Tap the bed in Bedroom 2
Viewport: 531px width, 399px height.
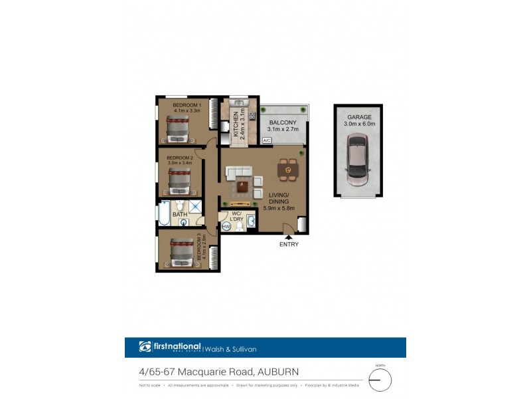coord(180,179)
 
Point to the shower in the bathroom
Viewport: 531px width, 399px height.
coord(196,206)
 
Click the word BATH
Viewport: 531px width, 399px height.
coord(180,214)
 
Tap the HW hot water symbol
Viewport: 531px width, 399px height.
coord(226,227)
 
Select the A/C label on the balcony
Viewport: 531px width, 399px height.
coord(267,141)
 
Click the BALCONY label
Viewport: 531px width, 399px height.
coord(282,122)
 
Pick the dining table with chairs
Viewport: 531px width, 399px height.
coord(287,170)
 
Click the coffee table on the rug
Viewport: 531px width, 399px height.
coord(243,186)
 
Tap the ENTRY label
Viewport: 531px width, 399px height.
coord(289,244)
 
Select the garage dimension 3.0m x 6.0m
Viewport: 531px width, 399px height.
coord(360,124)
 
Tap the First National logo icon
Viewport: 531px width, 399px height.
coord(145,347)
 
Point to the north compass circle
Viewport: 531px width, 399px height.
coord(380,380)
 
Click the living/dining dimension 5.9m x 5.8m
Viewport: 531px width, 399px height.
coord(279,207)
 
